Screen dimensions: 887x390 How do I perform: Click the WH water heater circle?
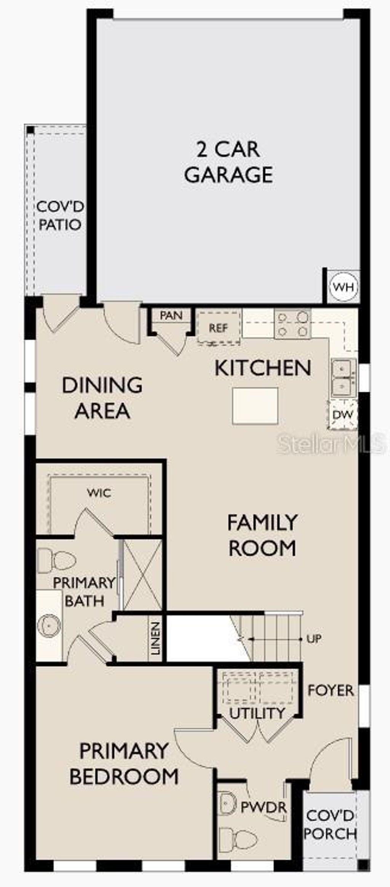344,287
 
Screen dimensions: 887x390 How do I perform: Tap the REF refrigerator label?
218,327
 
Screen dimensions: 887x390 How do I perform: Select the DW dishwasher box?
343,415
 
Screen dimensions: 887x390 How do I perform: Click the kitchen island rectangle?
255,406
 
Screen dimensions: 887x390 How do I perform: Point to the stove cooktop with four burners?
292,324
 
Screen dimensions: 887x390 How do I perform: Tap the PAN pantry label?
171,315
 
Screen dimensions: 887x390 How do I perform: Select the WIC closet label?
99,493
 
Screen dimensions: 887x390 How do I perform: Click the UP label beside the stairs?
314,639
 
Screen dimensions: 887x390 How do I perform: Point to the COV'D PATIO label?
60,216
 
